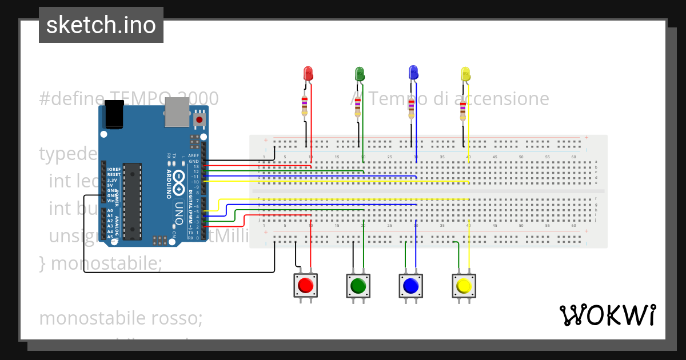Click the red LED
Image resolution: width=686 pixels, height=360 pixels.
click(308, 73)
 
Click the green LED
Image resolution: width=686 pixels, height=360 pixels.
click(360, 73)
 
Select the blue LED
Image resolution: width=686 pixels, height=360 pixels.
click(413, 72)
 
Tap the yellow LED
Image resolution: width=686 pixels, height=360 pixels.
click(465, 74)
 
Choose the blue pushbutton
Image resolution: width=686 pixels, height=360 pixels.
click(410, 285)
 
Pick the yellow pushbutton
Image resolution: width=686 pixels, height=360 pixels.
click(464, 285)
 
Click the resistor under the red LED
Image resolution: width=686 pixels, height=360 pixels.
click(305, 106)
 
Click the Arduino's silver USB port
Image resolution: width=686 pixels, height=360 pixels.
click(177, 111)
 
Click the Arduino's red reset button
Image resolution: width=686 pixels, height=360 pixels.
click(200, 119)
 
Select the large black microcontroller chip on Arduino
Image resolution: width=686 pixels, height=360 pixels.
click(133, 201)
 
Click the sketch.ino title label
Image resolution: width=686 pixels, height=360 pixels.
click(101, 25)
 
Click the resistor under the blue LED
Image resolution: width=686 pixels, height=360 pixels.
click(411, 109)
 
